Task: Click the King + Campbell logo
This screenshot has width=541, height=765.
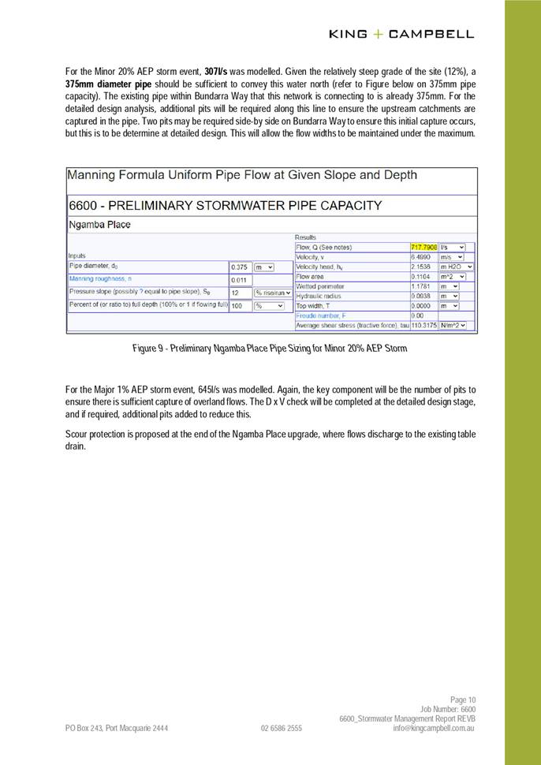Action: (x=401, y=34)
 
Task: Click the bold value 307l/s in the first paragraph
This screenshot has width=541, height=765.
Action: (x=216, y=72)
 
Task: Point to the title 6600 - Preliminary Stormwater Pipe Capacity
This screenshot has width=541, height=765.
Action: (x=226, y=205)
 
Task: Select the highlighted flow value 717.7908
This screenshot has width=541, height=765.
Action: (x=423, y=247)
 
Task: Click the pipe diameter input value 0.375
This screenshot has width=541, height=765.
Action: (x=239, y=267)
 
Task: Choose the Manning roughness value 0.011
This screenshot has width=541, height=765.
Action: (x=239, y=280)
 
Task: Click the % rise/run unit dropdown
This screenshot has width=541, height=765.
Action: (x=272, y=293)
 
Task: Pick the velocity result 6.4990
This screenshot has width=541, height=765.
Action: (x=420, y=257)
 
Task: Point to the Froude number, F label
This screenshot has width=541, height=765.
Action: (x=324, y=315)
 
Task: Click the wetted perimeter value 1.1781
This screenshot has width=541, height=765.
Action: (x=421, y=286)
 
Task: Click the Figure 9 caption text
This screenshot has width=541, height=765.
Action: (x=270, y=348)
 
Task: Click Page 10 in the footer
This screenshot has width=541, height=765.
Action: (x=463, y=700)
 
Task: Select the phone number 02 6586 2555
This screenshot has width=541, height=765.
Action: (x=281, y=729)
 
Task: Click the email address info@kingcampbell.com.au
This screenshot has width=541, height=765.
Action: (x=434, y=729)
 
